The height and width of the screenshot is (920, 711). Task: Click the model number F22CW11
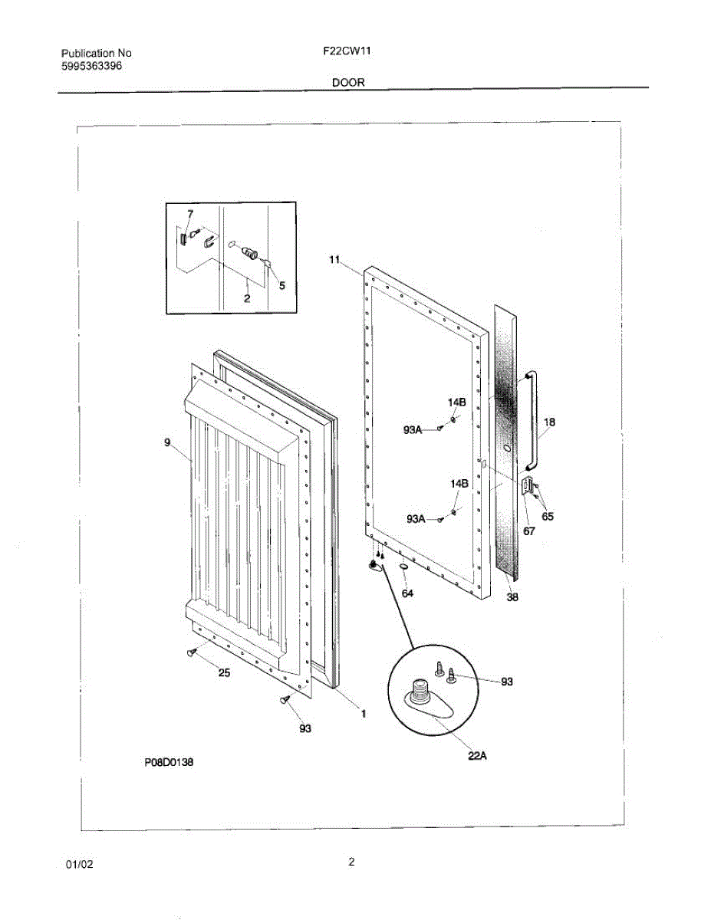(x=341, y=53)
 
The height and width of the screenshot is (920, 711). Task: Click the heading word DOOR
(x=348, y=82)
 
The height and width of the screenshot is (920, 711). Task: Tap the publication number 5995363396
(x=91, y=66)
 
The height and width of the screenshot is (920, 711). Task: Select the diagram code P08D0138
(x=168, y=763)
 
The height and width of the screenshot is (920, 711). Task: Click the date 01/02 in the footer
(x=79, y=864)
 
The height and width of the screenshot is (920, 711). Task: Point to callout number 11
(x=334, y=260)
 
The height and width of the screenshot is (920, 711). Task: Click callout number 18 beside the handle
(x=549, y=422)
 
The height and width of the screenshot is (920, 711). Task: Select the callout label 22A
(x=477, y=756)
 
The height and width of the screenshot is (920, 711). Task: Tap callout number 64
(x=408, y=593)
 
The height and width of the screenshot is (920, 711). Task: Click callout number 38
(x=512, y=597)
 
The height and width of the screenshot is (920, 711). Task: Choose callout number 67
(x=529, y=531)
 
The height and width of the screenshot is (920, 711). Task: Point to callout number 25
(x=225, y=673)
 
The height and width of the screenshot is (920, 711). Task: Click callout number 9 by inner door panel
(x=167, y=442)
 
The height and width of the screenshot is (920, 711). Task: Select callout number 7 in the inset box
(x=190, y=213)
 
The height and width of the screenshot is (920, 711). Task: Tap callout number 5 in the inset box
(x=281, y=285)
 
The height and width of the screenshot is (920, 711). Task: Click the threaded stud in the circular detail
(x=420, y=690)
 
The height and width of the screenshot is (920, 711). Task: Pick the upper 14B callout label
(x=457, y=402)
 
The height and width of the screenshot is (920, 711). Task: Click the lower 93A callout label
(x=415, y=519)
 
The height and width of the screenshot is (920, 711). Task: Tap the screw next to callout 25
(x=190, y=652)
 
